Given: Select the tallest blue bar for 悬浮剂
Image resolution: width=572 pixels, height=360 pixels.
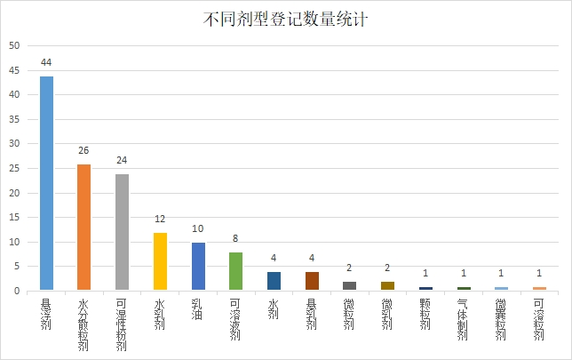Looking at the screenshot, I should pos(45,183).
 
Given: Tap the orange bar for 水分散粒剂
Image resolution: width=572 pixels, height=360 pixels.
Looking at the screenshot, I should pos(83,228).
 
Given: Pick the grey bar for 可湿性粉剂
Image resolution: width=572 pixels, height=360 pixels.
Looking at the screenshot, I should pos(122,232).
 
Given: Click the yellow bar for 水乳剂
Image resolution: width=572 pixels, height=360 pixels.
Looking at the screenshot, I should pos(160,261).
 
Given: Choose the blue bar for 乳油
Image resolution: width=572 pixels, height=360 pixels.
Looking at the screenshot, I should pos(198,267).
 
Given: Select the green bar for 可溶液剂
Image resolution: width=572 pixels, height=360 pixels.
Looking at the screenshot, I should pos(235,271).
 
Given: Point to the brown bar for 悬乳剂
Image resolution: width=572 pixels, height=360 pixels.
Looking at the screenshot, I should pos(312,281).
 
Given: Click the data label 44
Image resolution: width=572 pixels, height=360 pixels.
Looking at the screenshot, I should pos(45,64).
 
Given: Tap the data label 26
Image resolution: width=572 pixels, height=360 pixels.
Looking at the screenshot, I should pos(83,152).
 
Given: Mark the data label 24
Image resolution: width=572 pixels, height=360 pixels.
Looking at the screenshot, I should pos(122,162).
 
